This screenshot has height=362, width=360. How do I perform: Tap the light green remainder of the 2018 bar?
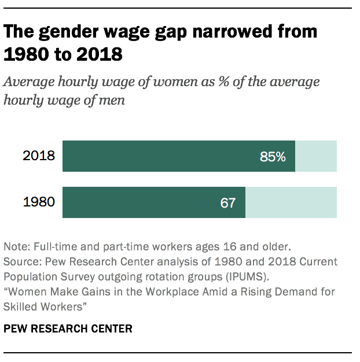click(316, 156)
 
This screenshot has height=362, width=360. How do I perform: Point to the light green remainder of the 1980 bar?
click(291, 202)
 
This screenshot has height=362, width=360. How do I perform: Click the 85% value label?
click(273, 156)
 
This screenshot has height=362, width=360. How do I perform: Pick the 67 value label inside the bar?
click(228, 203)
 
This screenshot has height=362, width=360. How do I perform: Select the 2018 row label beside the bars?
click(39, 156)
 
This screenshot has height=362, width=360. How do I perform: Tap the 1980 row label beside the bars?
click(39, 202)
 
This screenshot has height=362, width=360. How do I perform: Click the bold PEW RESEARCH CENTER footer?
click(68, 328)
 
